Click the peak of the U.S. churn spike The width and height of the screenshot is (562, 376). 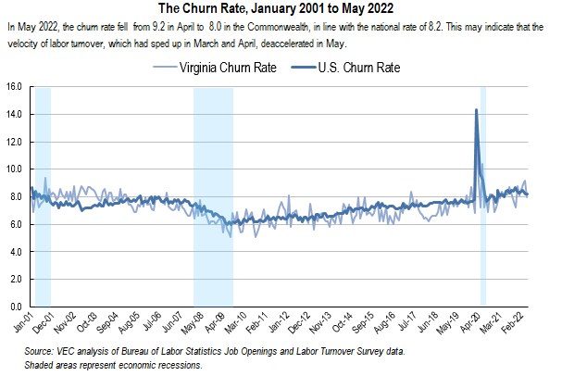coord(476,110)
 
